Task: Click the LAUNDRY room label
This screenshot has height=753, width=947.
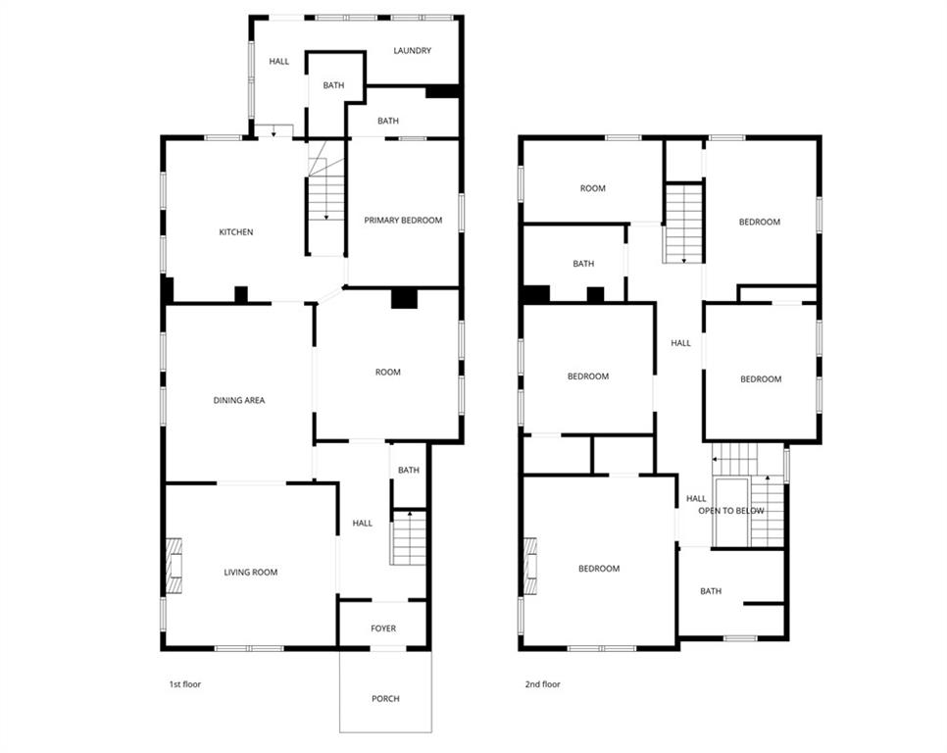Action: tap(412, 51)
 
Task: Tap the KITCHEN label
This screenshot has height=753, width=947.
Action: tap(235, 231)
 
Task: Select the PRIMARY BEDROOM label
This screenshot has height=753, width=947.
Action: tap(403, 221)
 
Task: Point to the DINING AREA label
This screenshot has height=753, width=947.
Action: tap(238, 400)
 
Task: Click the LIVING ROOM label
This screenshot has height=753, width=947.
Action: tap(251, 572)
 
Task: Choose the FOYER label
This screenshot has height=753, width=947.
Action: tap(383, 628)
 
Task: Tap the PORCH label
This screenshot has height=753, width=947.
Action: tap(385, 699)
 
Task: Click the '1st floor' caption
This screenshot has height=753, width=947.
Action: tap(185, 684)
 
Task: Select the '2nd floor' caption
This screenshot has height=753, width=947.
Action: tap(542, 684)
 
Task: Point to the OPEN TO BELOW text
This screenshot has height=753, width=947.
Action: tap(730, 511)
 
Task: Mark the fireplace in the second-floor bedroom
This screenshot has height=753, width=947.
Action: tap(530, 566)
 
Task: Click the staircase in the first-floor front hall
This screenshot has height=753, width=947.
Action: tap(408, 537)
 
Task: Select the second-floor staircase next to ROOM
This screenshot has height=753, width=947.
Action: tap(683, 224)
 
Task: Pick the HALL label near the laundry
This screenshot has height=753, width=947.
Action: tap(279, 62)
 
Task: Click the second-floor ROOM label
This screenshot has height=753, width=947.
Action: tap(592, 188)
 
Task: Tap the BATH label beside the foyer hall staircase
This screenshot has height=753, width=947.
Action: tap(408, 470)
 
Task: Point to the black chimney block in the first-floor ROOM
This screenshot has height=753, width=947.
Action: tap(404, 299)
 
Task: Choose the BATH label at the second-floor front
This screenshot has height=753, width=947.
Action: tap(711, 591)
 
